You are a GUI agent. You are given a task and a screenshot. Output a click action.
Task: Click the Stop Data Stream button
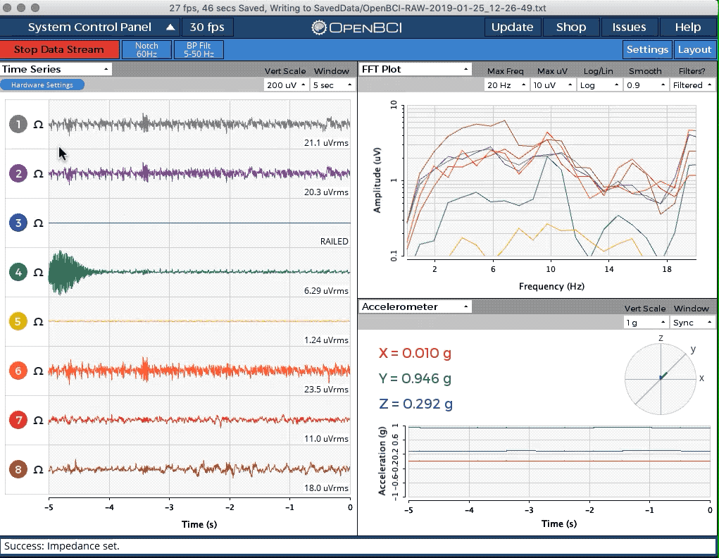pos(60,49)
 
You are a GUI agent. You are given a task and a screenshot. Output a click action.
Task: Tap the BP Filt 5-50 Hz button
pos(199,49)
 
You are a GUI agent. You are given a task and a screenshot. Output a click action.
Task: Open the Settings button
pos(647,49)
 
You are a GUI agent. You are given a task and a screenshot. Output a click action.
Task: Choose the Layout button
pos(694,49)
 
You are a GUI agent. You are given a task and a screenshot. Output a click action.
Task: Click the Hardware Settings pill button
pos(42,85)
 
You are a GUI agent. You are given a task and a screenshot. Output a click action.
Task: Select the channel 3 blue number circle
pos(18,223)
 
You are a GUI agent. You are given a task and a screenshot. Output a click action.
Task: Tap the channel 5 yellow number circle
pos(18,321)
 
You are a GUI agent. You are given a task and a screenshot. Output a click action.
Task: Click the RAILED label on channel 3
pos(335,242)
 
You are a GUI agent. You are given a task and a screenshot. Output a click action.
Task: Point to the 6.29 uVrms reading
pos(326,291)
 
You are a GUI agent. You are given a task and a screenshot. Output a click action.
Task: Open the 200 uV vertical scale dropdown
pos(285,85)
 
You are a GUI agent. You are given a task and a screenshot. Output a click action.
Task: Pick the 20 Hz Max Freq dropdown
pos(506,85)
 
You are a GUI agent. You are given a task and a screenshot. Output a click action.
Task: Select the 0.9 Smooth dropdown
pos(645,85)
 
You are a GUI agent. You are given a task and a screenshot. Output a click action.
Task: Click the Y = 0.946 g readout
pos(415,378)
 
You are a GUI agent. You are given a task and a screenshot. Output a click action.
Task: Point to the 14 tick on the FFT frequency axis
pos(608,269)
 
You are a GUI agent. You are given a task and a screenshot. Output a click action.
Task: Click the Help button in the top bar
pos(688,27)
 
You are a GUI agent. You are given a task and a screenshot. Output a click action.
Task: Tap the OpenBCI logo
pos(356,27)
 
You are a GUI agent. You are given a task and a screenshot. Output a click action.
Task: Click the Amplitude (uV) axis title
pos(377,180)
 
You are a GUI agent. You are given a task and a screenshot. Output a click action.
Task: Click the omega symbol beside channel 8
pos(39,469)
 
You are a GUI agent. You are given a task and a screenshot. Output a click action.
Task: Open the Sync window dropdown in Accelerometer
pos(692,323)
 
